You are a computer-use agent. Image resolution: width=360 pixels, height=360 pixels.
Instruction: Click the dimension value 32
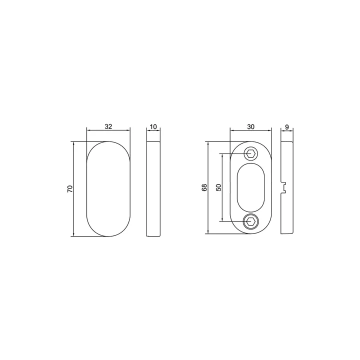pyautogui.click(x=108, y=126)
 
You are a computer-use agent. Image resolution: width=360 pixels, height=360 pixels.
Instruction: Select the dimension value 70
pyautogui.click(x=70, y=188)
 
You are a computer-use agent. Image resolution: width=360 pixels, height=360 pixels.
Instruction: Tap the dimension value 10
pyautogui.click(x=153, y=126)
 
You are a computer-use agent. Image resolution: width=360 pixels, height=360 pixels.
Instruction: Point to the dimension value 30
pyautogui.click(x=251, y=126)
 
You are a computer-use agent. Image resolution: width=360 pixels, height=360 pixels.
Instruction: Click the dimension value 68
pyautogui.click(x=204, y=187)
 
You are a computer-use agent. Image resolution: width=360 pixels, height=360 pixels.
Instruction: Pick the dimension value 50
pyautogui.click(x=218, y=187)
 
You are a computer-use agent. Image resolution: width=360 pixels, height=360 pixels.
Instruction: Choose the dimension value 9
pyautogui.click(x=287, y=126)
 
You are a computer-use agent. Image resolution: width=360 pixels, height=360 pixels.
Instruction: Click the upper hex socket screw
pyautogui.click(x=250, y=153)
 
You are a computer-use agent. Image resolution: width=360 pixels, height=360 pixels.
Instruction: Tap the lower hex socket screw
pyautogui.click(x=250, y=221)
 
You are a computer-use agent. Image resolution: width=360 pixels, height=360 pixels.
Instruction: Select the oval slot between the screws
pyautogui.click(x=250, y=187)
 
